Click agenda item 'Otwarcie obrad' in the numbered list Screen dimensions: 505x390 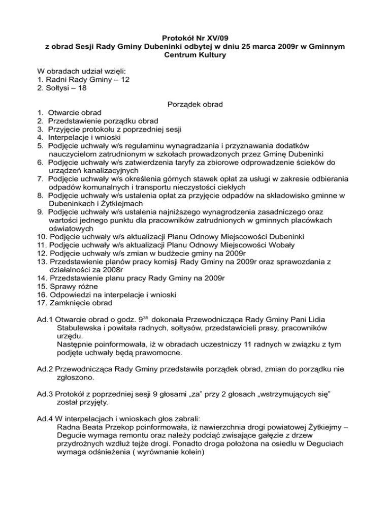[74, 112]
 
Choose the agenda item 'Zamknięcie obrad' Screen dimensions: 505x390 [79, 303]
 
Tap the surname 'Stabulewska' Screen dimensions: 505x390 [76, 329]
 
